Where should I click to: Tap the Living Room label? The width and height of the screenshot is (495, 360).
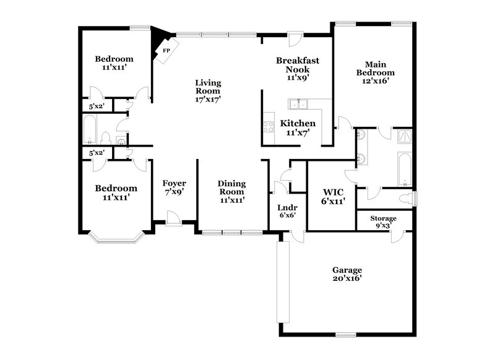tap(208, 90)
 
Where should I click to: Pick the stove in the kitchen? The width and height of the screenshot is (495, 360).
tap(269, 127)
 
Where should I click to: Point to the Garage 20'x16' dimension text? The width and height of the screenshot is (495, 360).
tap(346, 279)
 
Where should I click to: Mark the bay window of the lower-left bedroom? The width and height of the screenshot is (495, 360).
tap(118, 236)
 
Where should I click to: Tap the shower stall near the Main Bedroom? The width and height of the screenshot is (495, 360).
tap(405, 137)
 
